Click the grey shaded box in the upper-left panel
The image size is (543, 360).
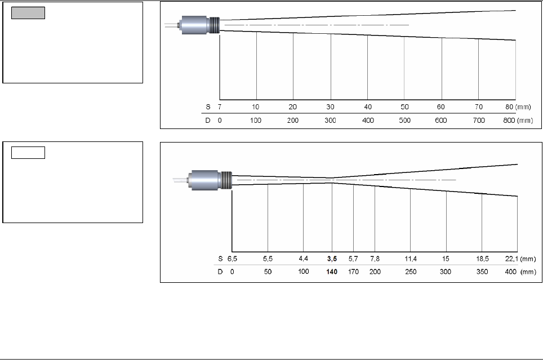pyautogui.click(x=28, y=13)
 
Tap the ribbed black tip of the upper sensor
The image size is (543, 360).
pyautogui.click(x=215, y=25)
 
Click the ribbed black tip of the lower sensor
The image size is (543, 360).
pyautogui.click(x=226, y=180)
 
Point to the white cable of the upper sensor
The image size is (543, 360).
pyautogui.click(x=171, y=25)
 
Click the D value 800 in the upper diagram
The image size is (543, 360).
pyautogui.click(x=509, y=121)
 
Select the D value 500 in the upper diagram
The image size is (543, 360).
pyautogui.click(x=404, y=121)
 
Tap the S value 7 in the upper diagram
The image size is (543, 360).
pyautogui.click(x=220, y=106)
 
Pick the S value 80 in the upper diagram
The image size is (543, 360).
pyautogui.click(x=509, y=106)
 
